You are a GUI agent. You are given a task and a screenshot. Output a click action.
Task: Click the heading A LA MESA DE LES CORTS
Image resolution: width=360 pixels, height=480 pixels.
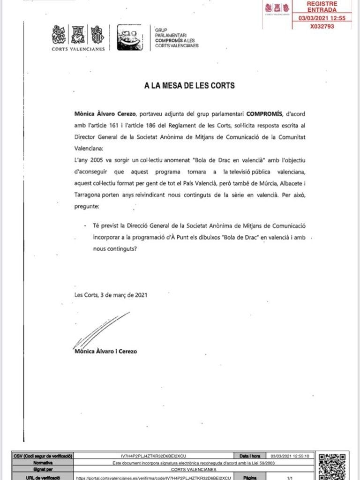(189, 86)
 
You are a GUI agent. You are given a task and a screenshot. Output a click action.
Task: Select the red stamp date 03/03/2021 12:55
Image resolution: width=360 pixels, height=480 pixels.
(322, 18)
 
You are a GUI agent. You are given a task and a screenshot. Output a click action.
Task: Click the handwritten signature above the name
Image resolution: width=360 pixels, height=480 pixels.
(101, 330)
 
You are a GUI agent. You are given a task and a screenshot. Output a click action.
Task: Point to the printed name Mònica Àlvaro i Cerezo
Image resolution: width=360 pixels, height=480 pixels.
(106, 351)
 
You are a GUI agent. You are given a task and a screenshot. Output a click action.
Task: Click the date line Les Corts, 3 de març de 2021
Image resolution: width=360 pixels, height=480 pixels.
(111, 295)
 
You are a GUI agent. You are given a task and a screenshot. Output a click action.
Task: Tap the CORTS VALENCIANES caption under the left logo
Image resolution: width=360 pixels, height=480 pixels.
(78, 49)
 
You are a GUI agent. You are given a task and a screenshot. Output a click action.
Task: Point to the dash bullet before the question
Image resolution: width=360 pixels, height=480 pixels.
(85, 226)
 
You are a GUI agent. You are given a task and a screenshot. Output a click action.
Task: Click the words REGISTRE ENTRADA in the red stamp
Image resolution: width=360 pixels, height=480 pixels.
(322, 7)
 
